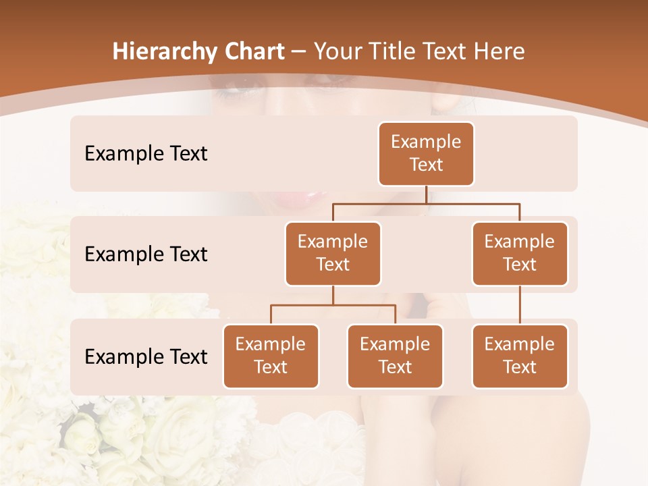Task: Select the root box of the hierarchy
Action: [x=426, y=154]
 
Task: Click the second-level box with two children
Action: [x=333, y=254]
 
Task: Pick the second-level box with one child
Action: [x=520, y=254]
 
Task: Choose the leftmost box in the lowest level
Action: [x=271, y=356]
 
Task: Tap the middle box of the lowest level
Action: [x=395, y=356]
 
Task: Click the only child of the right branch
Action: [x=520, y=356]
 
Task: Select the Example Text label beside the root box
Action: [x=146, y=154]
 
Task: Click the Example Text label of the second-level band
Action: [x=146, y=254]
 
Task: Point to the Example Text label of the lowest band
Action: [x=146, y=356]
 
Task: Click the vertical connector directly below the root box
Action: [x=426, y=194]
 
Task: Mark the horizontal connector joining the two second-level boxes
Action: [x=426, y=203]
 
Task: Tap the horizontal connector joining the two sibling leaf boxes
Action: [x=333, y=305]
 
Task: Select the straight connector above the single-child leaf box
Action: [x=520, y=305]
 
